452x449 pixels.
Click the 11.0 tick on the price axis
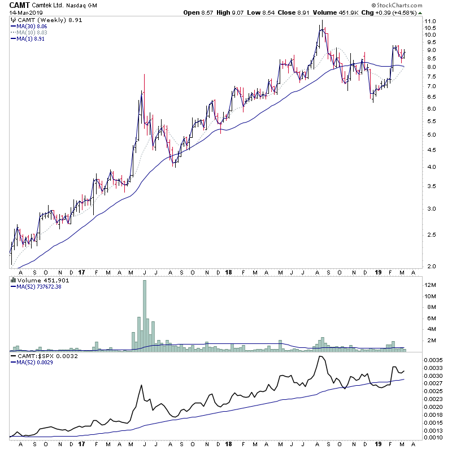point(431,21)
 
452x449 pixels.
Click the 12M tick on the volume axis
point(431,285)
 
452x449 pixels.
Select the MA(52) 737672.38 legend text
point(41,286)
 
